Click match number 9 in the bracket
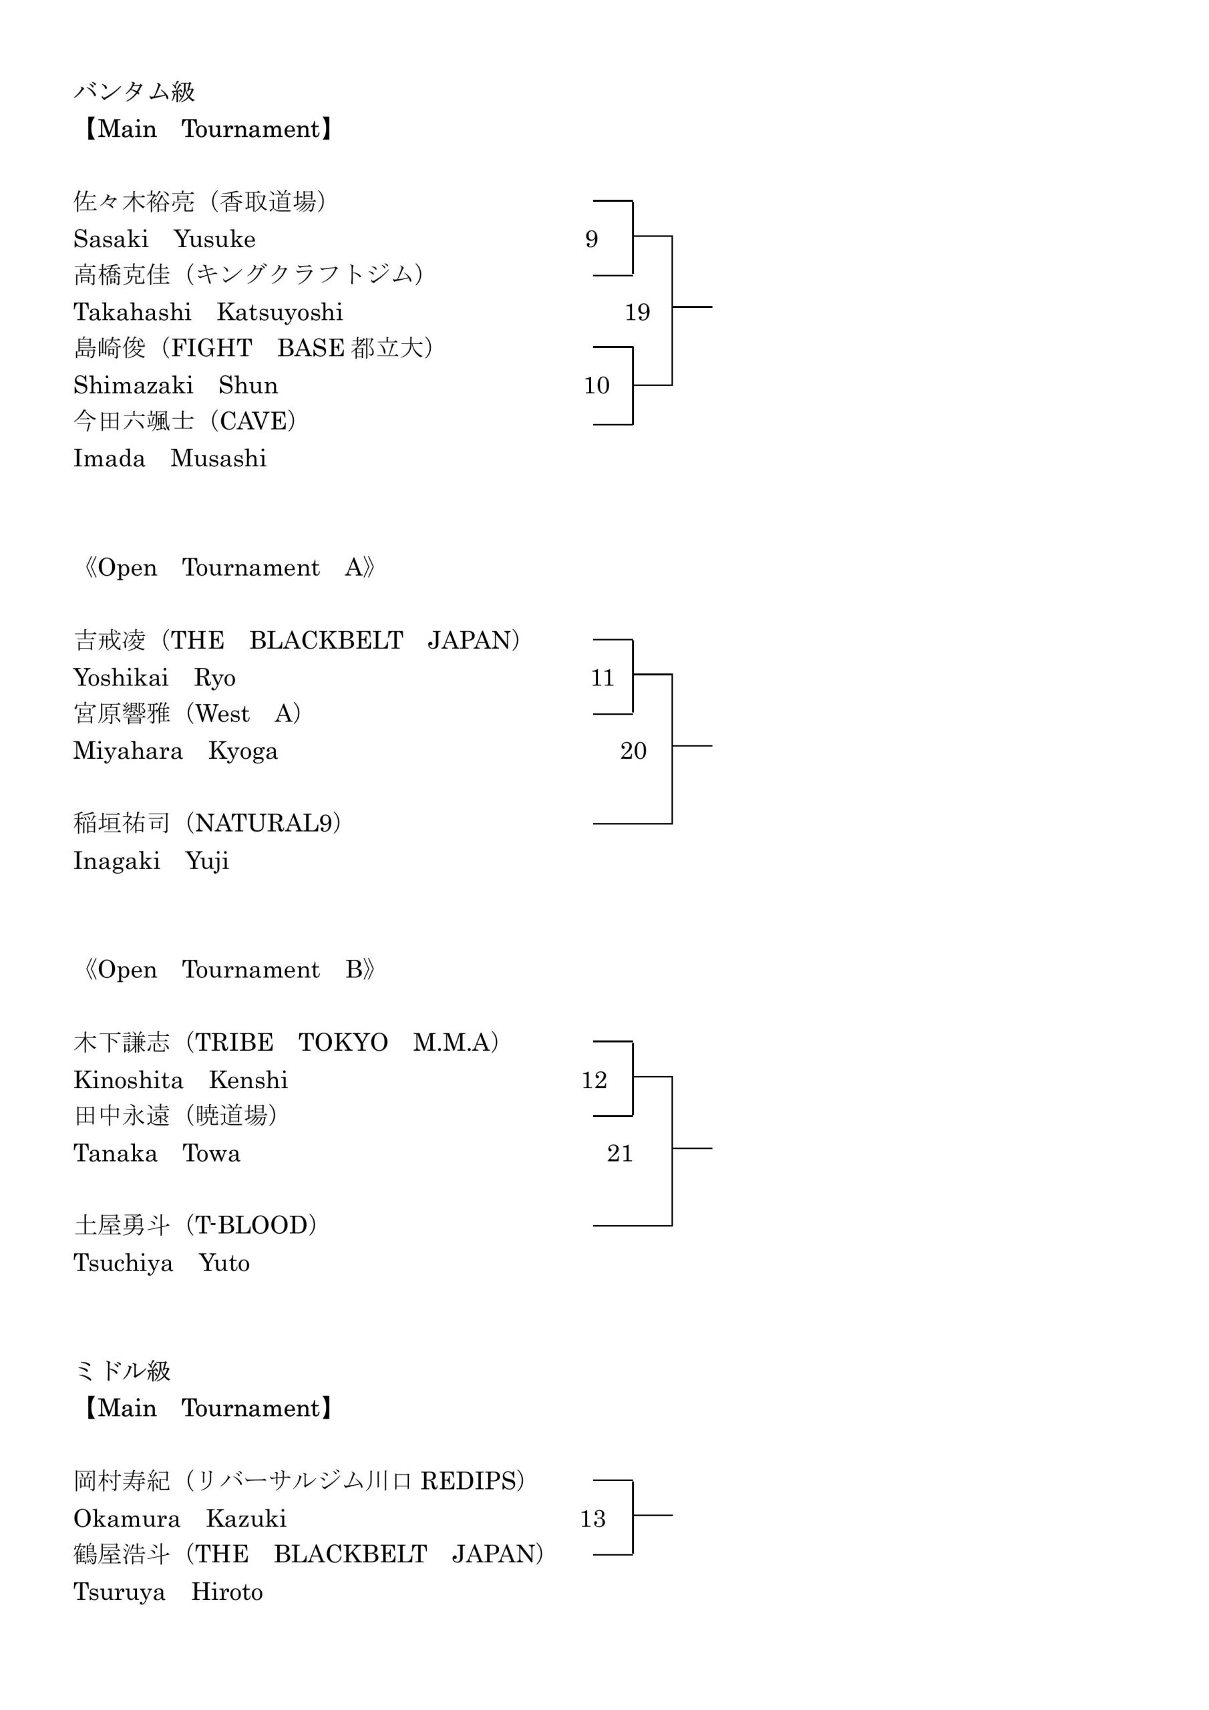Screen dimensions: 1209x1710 [x=591, y=239]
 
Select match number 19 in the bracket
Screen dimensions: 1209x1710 [x=638, y=312]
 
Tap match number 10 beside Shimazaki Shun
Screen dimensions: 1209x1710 [x=596, y=385]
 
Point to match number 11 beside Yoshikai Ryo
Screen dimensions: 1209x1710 [x=602, y=678]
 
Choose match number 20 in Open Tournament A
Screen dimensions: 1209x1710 [x=633, y=751]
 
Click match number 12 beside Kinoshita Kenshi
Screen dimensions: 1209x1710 [x=594, y=1080]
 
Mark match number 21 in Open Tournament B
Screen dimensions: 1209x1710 [x=620, y=1153]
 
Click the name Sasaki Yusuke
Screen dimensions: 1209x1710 [x=164, y=239]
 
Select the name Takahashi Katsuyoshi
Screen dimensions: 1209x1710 [x=208, y=312]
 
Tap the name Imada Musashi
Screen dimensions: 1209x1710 [x=170, y=458]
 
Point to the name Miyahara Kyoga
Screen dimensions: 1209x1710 [x=176, y=751]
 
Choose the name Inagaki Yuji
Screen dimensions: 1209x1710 [x=151, y=861]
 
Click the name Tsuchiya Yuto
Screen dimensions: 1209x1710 [x=162, y=1263]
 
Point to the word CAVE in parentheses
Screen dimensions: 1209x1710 [x=253, y=421]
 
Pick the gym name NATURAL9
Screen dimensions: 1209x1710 [x=263, y=823]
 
